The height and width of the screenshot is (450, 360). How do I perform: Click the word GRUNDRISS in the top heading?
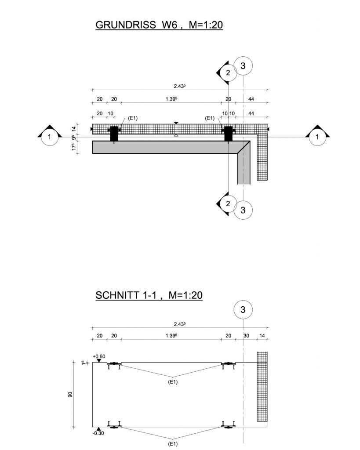[126, 25]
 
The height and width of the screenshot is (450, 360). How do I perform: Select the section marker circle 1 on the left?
[49, 137]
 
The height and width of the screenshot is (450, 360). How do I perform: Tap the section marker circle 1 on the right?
[317, 137]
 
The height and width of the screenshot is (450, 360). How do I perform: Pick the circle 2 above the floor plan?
[228, 73]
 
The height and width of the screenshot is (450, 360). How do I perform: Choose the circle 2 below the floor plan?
[228, 204]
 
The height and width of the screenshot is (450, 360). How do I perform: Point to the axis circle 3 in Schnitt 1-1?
[243, 310]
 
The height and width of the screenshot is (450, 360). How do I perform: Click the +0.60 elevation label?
[99, 356]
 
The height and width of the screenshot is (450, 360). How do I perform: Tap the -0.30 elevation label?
[98, 433]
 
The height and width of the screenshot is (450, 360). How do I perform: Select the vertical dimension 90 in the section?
[70, 395]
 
